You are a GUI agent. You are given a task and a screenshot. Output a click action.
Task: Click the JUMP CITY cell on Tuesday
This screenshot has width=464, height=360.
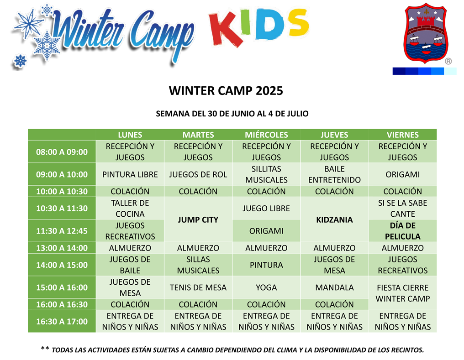click(198, 219)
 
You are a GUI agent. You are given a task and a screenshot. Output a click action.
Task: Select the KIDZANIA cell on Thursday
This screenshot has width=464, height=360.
click(334, 219)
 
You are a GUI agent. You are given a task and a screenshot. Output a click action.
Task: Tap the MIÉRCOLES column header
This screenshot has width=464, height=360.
click(266, 135)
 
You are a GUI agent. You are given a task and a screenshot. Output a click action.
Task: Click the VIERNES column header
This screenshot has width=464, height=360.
click(402, 135)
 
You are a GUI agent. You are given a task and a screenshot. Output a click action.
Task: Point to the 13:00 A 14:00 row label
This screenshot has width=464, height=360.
click(62, 248)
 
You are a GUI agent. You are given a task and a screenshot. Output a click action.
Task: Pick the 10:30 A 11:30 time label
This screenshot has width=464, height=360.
click(62, 208)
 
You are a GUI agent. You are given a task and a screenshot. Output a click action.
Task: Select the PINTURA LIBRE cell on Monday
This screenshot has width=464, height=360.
click(130, 174)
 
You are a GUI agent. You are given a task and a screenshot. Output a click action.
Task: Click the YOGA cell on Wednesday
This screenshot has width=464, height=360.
click(266, 287)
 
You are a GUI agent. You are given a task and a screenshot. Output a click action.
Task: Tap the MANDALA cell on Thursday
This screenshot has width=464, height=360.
click(334, 287)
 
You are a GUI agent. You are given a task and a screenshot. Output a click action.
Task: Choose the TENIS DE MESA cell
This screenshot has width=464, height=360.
click(198, 287)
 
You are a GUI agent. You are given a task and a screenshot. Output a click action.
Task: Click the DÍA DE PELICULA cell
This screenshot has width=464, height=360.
click(402, 231)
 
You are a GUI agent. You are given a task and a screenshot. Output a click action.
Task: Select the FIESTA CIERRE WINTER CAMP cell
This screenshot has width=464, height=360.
click(402, 293)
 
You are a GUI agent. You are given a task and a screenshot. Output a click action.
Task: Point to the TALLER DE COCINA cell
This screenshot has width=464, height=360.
click(130, 208)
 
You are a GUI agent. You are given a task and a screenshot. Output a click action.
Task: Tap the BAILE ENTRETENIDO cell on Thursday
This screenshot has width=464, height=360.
click(334, 174)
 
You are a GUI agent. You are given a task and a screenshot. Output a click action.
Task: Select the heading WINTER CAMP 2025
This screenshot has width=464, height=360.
click(226, 90)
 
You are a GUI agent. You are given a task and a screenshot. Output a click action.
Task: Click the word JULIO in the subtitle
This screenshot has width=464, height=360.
click(297, 114)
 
